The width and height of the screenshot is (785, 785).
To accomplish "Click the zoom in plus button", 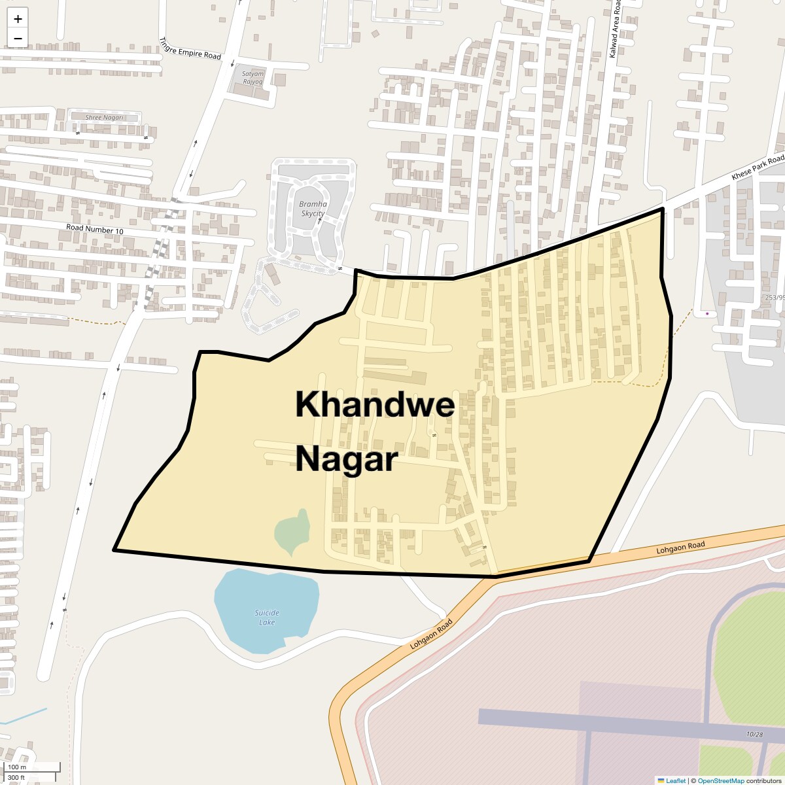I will tap(18, 19).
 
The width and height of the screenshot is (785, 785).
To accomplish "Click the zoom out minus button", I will tap(18, 38).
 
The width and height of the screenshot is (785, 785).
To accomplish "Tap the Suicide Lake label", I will tap(267, 618).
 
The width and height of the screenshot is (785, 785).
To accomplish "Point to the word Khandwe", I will tap(375, 404).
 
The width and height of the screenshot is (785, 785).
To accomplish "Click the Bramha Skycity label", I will tap(313, 209).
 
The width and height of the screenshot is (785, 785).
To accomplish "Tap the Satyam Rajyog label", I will tap(253, 78).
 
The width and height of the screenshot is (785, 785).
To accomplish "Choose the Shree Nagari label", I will tap(104, 118).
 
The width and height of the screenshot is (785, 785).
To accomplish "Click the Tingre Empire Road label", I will tap(190, 48).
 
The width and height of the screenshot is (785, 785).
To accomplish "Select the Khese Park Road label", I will tap(758, 167).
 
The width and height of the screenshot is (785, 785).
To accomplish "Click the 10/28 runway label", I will tap(754, 735).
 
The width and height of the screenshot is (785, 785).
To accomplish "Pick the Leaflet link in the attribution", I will tap(676, 780).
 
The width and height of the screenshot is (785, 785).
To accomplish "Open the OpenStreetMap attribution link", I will tap(720, 780).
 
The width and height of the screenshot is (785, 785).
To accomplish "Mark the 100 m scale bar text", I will tap(17, 767).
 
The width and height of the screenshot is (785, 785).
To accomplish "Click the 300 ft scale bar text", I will tap(16, 777).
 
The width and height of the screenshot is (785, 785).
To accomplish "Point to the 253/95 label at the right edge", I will tap(775, 297).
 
